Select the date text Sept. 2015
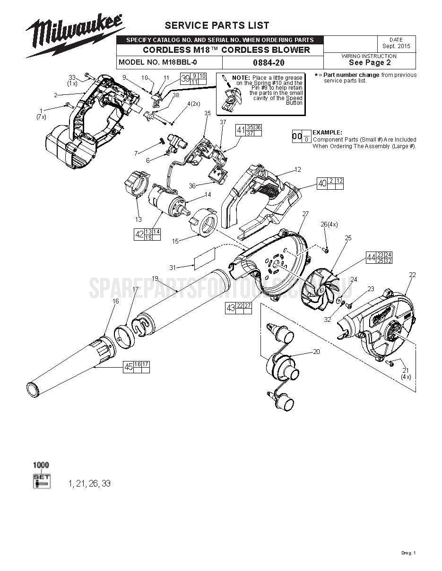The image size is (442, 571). click(x=396, y=46)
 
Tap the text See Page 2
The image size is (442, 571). click(x=369, y=62)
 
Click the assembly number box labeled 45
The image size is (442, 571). click(x=128, y=367)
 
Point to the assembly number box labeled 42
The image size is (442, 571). click(x=139, y=234)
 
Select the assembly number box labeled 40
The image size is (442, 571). click(x=322, y=184)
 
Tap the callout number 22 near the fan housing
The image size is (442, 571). click(x=412, y=275)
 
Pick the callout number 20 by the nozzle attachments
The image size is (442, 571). click(x=316, y=352)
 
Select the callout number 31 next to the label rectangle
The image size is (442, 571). click(x=173, y=268)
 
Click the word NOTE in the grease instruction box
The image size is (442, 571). click(x=241, y=77)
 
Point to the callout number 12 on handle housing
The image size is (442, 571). click(x=297, y=169)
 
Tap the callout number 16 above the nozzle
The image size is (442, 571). click(x=116, y=301)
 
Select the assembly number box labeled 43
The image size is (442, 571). click(x=231, y=308)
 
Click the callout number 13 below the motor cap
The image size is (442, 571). click(x=138, y=219)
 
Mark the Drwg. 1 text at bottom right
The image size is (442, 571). click(x=408, y=553)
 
